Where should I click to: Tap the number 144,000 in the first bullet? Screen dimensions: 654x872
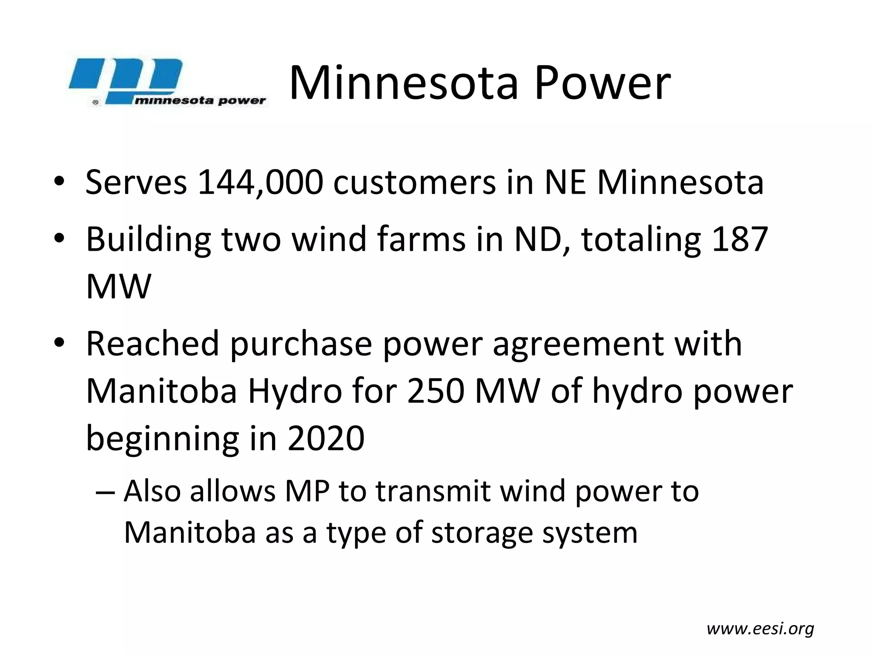click(260, 183)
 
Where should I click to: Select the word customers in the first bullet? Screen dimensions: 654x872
click(414, 183)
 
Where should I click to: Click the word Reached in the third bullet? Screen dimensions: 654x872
click(152, 344)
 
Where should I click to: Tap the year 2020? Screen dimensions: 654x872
click(326, 439)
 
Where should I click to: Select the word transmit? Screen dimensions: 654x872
click(433, 491)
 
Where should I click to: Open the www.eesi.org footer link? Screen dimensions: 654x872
click(760, 628)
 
